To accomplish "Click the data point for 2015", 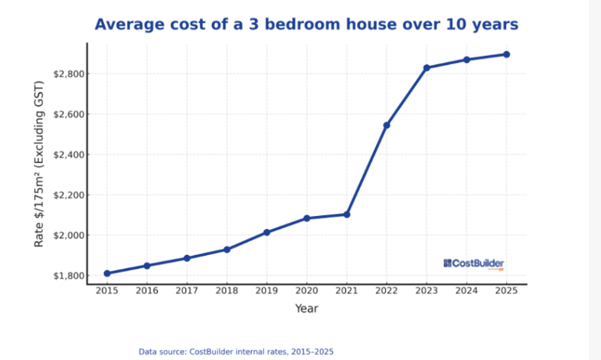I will pyautogui.click(x=107, y=273).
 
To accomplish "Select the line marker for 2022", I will pyautogui.click(x=387, y=125).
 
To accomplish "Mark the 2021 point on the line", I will pyautogui.click(x=347, y=214).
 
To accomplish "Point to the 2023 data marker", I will pyautogui.click(x=427, y=67).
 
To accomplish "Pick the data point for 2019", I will pyautogui.click(x=267, y=232).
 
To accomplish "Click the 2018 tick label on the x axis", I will pyautogui.click(x=227, y=292).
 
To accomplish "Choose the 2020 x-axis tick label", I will pyautogui.click(x=307, y=292).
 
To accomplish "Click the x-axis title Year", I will pyautogui.click(x=306, y=309).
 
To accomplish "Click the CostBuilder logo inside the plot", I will pyautogui.click(x=474, y=263).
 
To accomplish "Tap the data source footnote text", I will pyautogui.click(x=236, y=352).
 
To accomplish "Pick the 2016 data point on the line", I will pyautogui.click(x=147, y=266).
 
